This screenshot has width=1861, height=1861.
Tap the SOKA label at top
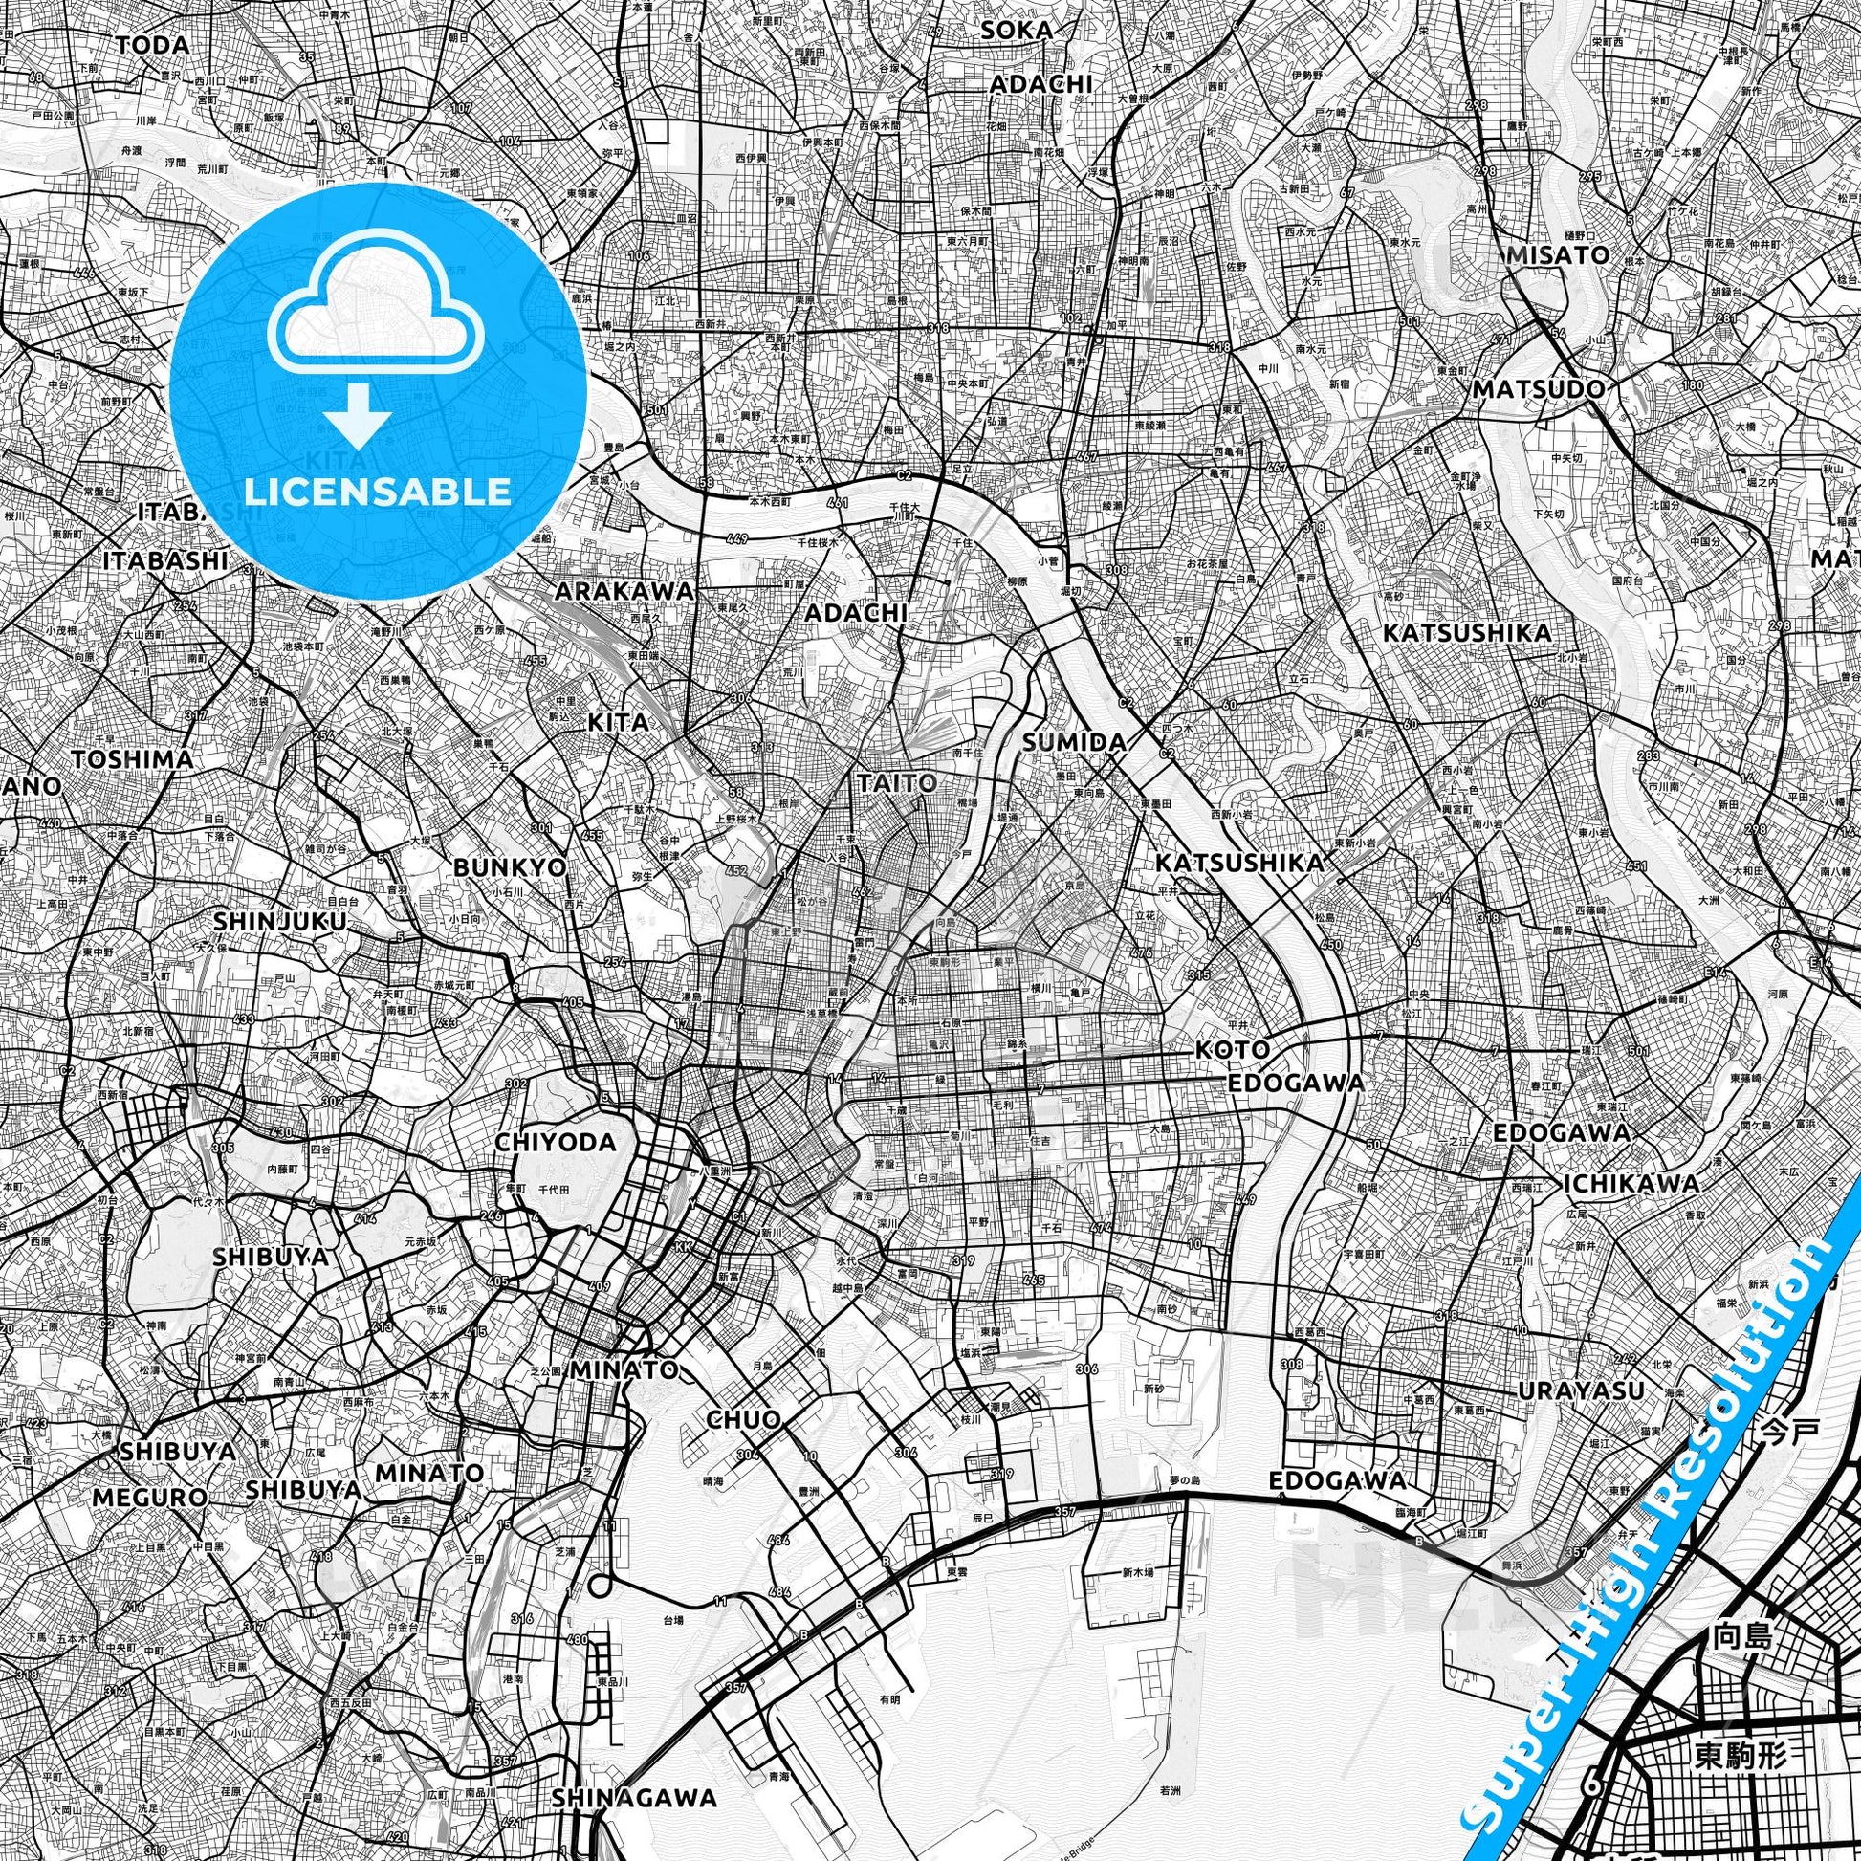(x=1017, y=31)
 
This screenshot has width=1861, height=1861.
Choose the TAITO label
(x=896, y=783)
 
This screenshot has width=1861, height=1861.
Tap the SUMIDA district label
(x=1074, y=742)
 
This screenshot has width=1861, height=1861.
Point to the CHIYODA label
(x=555, y=1143)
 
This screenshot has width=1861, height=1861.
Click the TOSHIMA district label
(x=132, y=759)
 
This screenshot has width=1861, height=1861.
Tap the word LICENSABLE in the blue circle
(x=379, y=492)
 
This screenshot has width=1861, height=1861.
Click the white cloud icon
(x=379, y=300)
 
